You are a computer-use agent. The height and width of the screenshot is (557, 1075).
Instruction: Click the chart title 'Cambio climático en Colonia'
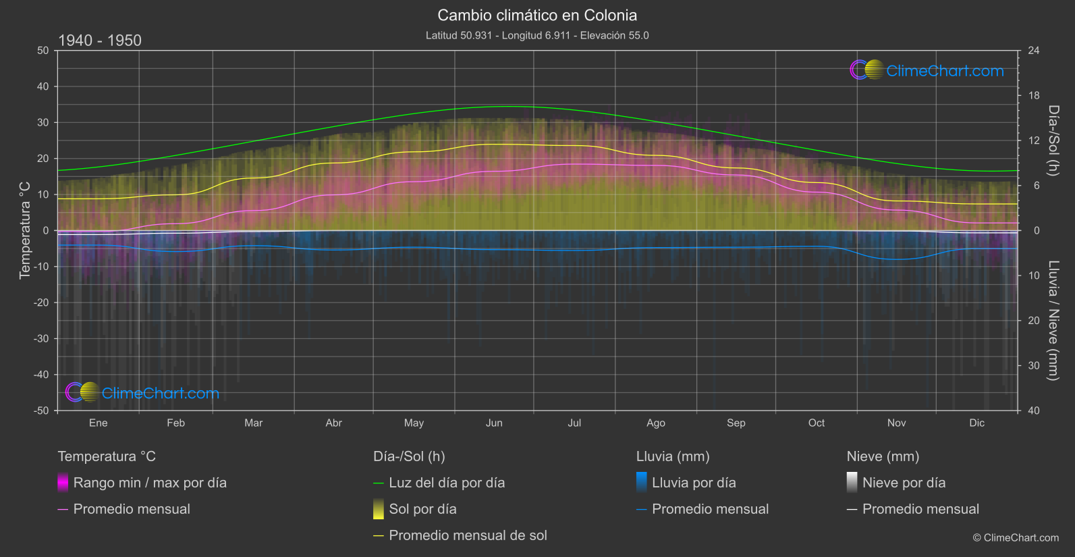[x=537, y=15]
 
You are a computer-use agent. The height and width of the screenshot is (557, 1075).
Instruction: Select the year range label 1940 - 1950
[x=100, y=41]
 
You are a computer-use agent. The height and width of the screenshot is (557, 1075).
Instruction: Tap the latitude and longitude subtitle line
[x=537, y=35]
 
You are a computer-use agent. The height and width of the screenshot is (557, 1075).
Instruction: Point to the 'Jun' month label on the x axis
[x=494, y=423]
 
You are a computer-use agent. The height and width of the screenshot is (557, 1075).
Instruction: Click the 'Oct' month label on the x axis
[x=817, y=423]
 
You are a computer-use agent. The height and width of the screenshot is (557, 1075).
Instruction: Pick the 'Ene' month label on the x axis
[x=99, y=423]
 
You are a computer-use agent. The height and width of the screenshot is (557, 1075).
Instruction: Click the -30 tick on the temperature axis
[x=42, y=338]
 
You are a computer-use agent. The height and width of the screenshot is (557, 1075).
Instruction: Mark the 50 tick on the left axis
[x=43, y=51]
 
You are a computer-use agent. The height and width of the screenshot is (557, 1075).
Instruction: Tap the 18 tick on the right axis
[x=1034, y=96]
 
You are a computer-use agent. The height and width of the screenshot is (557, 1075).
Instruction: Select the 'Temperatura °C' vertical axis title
[x=25, y=230]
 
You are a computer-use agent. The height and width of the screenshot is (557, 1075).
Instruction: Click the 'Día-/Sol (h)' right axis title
[x=1053, y=140]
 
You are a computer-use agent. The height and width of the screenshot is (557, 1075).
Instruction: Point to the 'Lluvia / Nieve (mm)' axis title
[x=1053, y=321]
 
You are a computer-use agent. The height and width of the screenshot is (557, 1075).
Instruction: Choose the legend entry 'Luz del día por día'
[x=447, y=483]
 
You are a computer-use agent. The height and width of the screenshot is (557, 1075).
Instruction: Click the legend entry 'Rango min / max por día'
[x=150, y=483]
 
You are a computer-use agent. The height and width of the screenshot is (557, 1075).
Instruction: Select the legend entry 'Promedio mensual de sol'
[x=468, y=535]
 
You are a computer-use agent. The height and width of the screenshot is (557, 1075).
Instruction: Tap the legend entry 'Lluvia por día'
[x=694, y=483]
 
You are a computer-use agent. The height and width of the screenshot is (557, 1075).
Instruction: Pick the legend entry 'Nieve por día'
[x=904, y=483]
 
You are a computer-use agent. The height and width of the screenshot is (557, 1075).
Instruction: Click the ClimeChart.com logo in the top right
[x=927, y=70]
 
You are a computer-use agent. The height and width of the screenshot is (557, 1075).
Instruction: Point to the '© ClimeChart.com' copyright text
[x=1016, y=538]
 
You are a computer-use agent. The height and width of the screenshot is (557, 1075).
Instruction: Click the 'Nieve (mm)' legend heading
[x=883, y=456]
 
